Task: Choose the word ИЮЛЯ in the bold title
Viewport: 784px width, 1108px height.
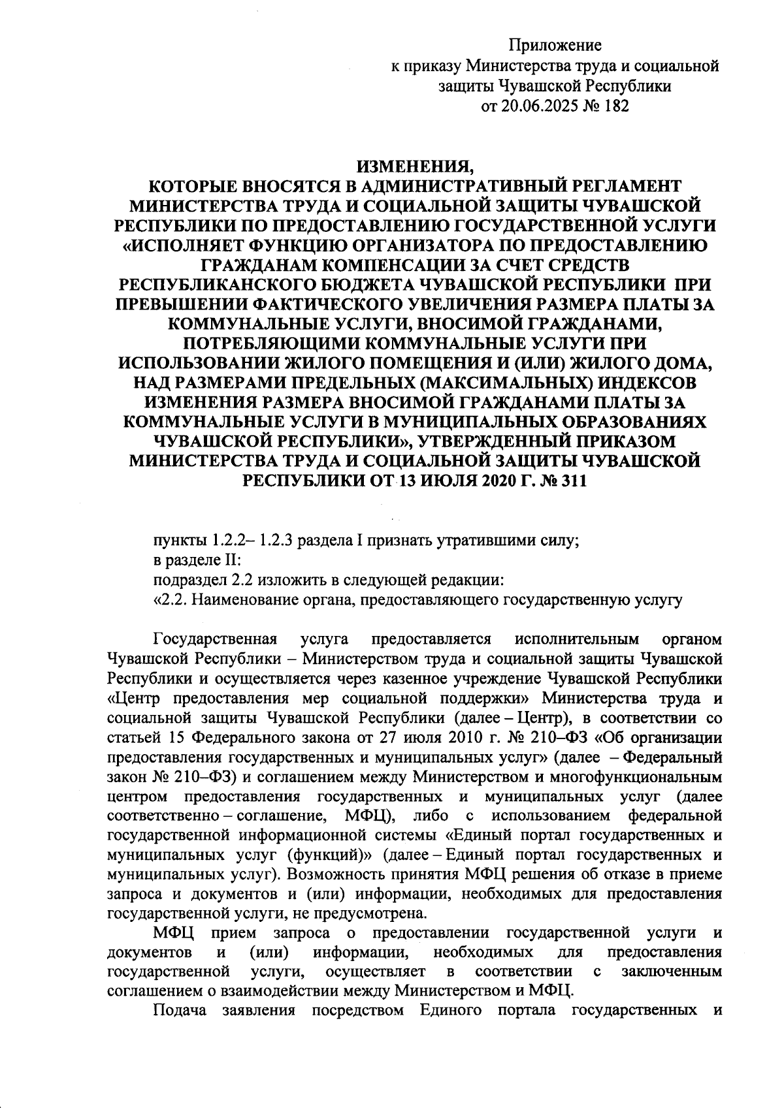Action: click(454, 481)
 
